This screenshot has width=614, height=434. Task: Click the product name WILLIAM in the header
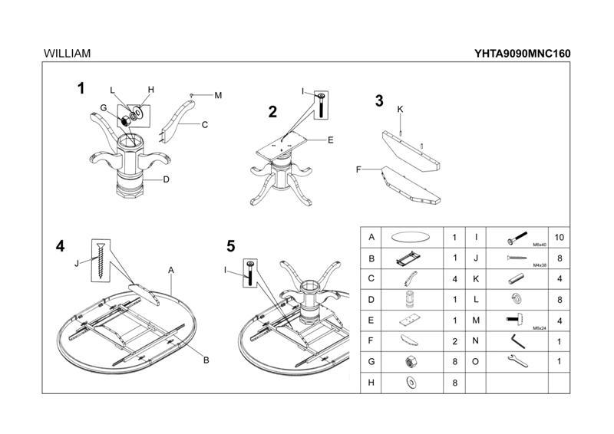(x=68, y=54)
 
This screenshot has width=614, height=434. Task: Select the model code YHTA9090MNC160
(x=523, y=54)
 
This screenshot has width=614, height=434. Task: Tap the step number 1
(x=81, y=88)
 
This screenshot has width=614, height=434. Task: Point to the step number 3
(x=379, y=101)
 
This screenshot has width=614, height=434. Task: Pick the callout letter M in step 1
(x=218, y=96)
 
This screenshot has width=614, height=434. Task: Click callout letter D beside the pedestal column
(x=165, y=180)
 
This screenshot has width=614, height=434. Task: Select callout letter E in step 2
(x=330, y=140)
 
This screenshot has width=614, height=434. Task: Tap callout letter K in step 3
(x=400, y=110)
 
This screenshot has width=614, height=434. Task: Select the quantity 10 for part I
(x=559, y=238)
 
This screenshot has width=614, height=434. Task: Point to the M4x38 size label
(x=537, y=265)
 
